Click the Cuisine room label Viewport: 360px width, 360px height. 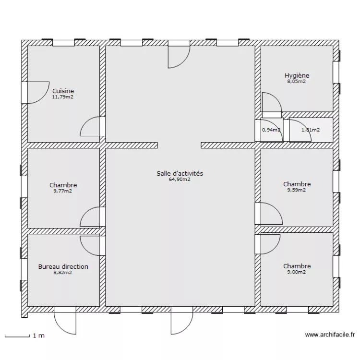point(63,91)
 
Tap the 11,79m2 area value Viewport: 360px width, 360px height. point(63,97)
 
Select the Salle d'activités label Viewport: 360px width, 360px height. point(180,173)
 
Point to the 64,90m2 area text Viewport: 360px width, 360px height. point(180,180)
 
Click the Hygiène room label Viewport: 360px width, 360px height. point(297,75)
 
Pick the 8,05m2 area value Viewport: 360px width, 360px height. point(297,82)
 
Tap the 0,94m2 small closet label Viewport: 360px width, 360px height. point(271,130)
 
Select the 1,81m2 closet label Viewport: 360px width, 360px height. point(310,130)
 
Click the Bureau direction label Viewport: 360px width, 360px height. point(63,266)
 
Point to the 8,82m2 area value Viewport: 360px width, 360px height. point(63,273)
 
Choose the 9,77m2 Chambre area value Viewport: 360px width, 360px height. point(63,191)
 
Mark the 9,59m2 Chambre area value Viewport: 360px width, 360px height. point(297,190)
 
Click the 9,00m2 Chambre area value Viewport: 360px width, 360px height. point(297,272)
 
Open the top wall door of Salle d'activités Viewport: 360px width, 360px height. point(179,56)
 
